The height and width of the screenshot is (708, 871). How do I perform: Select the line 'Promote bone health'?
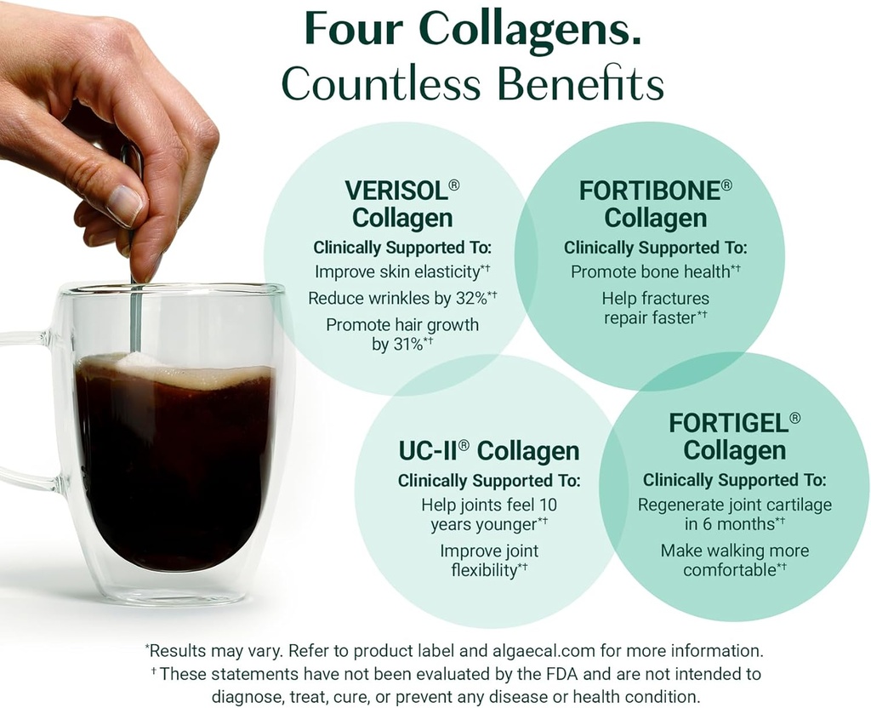(x=650, y=271)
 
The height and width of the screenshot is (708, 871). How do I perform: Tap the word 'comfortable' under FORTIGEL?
(x=729, y=570)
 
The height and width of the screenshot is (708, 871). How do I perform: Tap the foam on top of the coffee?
(x=170, y=371)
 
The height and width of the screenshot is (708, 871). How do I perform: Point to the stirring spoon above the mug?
(x=134, y=306)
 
